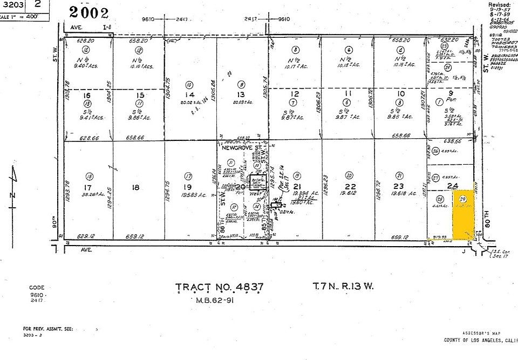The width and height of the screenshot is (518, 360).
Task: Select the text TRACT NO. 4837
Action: [x=220, y=287]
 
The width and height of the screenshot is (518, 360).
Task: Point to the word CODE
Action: [x=37, y=288]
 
